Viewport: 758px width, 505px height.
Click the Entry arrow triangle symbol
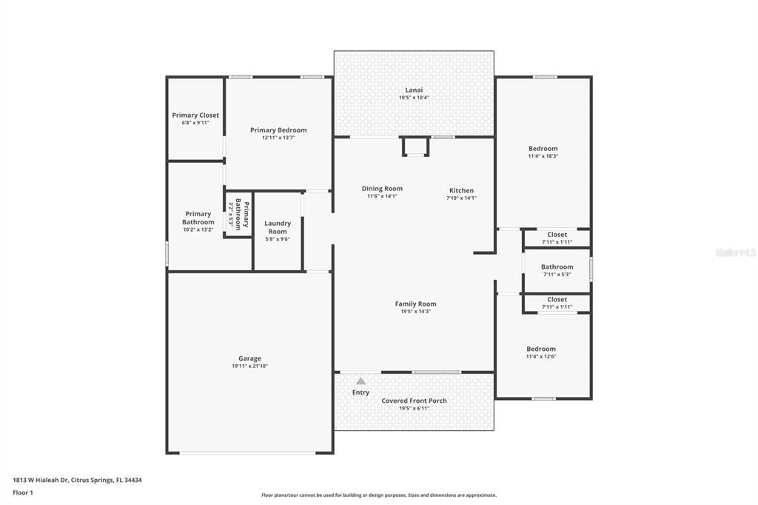pos(360,381)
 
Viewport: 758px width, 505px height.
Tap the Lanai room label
pos(414,90)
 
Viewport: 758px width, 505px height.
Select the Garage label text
pos(249,358)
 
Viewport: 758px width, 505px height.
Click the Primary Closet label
pos(195,115)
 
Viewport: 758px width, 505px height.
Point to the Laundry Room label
pos(278,227)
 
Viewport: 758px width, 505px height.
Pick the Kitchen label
pos(461,190)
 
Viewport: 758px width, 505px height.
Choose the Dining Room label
pos(382,189)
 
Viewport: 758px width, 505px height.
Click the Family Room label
pos(415,304)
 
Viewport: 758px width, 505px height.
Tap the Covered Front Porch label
pos(414,401)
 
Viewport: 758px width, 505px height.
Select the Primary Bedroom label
pos(278,130)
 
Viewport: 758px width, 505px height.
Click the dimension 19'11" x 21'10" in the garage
pos(249,367)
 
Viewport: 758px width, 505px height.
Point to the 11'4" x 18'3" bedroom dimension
pos(543,156)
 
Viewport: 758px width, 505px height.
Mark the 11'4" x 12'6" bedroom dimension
pos(541,356)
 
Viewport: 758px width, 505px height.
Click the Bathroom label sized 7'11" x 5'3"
pos(557,267)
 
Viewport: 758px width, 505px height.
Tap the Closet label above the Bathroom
pos(557,235)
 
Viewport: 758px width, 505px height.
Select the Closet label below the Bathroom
pos(557,299)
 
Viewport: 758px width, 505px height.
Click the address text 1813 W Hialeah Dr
pos(41,481)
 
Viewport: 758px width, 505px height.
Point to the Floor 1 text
pos(23,493)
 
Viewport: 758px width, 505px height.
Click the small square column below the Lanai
pos(415,147)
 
